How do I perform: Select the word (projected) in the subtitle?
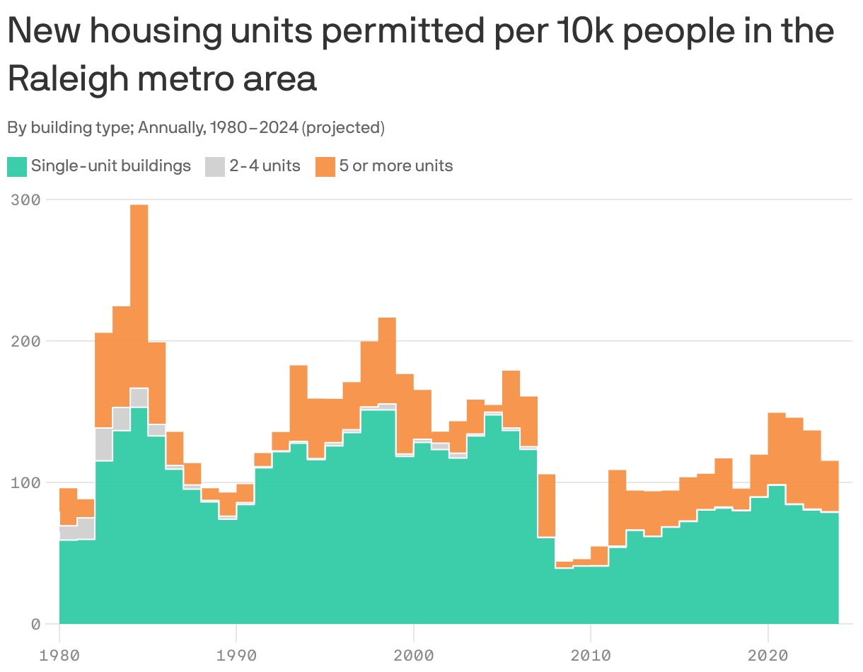pos(343,128)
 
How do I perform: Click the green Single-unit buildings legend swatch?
pos(17,167)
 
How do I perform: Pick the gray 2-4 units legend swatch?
pos(215,167)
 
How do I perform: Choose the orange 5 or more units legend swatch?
pos(325,167)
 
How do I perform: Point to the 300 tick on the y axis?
pos(26,199)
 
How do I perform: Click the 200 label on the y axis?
pos(26,341)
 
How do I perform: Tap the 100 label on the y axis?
pos(26,482)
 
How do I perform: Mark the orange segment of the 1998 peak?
pos(387,360)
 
